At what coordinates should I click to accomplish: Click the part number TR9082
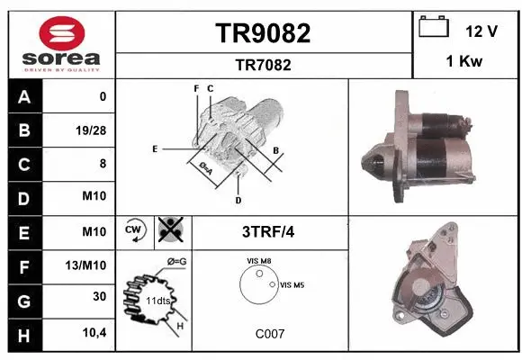pos(263,33)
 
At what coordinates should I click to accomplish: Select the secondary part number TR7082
pos(263,65)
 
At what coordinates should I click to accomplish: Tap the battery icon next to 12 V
pos(435,28)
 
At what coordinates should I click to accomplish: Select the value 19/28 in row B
pos(90,130)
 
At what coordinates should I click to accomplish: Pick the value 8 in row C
pos(102,164)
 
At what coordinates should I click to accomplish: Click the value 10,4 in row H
pos(93,333)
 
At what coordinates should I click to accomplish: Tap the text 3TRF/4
pos(269,231)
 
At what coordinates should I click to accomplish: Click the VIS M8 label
pos(259,262)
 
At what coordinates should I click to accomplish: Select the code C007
pos(269,333)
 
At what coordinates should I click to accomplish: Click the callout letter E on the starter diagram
pos(155,148)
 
